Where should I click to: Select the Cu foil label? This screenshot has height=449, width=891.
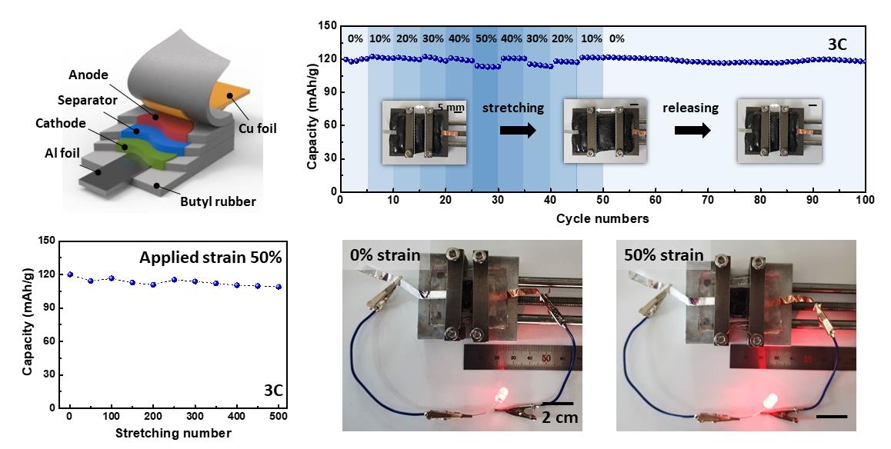[259, 128]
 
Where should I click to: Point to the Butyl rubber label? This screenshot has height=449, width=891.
[219, 202]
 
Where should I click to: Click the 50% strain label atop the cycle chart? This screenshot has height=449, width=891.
[486, 38]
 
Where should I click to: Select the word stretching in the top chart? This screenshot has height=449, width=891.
[513, 108]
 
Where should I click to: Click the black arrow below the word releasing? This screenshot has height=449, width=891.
[691, 129]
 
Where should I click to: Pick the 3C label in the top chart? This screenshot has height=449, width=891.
[837, 45]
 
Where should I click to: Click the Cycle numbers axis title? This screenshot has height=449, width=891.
[602, 218]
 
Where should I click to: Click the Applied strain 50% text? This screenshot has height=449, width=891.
[211, 257]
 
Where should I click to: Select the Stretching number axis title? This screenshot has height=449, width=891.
[173, 433]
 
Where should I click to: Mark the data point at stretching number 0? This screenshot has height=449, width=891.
[70, 274]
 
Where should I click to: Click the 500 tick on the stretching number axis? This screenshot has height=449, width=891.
[277, 417]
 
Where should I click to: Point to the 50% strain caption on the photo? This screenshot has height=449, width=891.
[666, 255]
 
